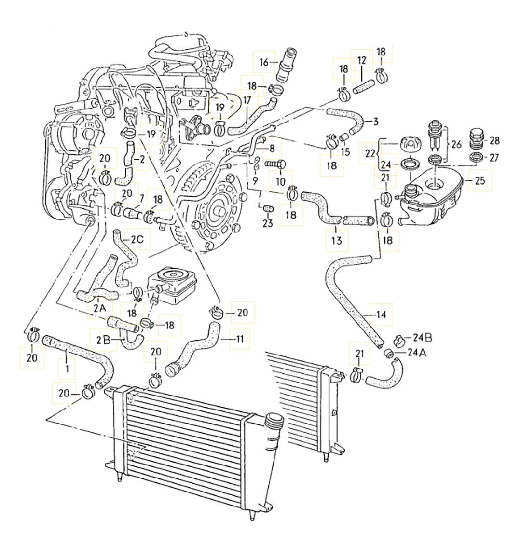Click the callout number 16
coord(264,62)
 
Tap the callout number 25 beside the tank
coord(480,180)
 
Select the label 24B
coord(423,338)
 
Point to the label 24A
coord(417,353)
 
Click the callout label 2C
coord(137,240)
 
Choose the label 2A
coord(100,309)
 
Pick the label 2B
coord(103,340)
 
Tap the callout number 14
coord(381,314)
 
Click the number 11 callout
coord(240,339)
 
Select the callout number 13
coord(336,241)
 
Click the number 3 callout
coord(375,122)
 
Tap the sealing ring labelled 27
coord(478,157)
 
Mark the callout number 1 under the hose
coord(67,368)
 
